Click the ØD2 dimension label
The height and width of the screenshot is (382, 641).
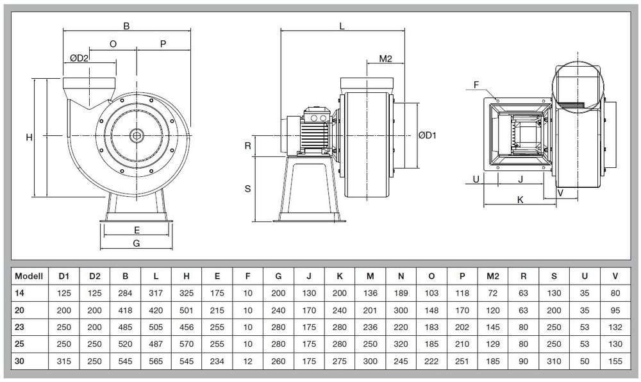[79, 58]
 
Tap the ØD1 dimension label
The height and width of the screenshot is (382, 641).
[427, 135]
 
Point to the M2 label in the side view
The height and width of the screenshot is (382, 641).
[385, 59]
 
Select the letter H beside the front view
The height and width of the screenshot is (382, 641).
[29, 137]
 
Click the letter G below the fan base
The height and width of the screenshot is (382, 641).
[135, 243]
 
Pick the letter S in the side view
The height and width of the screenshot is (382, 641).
[247, 188]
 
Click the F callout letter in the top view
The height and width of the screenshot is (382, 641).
[476, 85]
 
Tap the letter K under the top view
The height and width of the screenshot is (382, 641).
[520, 200]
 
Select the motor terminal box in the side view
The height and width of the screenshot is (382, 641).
[316, 117]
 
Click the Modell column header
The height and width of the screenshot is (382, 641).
[28, 276]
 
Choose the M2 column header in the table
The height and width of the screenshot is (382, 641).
[493, 276]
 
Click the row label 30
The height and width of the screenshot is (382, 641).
[19, 361]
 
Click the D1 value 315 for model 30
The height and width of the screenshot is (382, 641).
[63, 361]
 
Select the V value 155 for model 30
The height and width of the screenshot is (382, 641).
[615, 361]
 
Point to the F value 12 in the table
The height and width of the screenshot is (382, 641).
[247, 361]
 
